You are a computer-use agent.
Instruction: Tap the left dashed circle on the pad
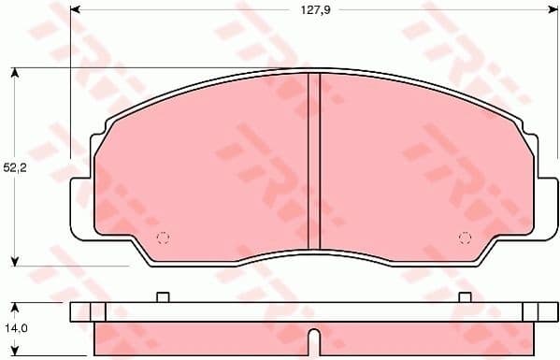click(163, 237)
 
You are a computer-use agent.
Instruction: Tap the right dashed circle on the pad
click(464, 237)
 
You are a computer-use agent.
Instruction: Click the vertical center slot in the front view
click(314, 161)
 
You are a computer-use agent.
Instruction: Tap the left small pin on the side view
click(162, 297)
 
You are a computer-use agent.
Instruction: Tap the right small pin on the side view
click(465, 297)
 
